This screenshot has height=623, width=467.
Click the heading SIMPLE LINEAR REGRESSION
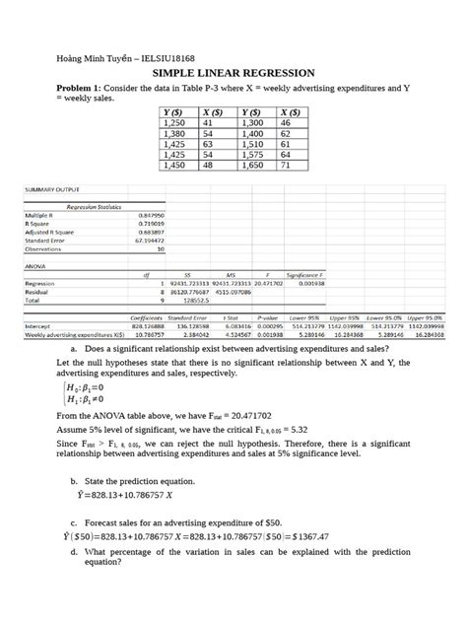(233, 74)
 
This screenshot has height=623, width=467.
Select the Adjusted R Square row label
(49, 231)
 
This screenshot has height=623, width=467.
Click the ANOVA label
(37, 263)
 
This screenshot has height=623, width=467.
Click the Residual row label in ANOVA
(39, 291)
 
